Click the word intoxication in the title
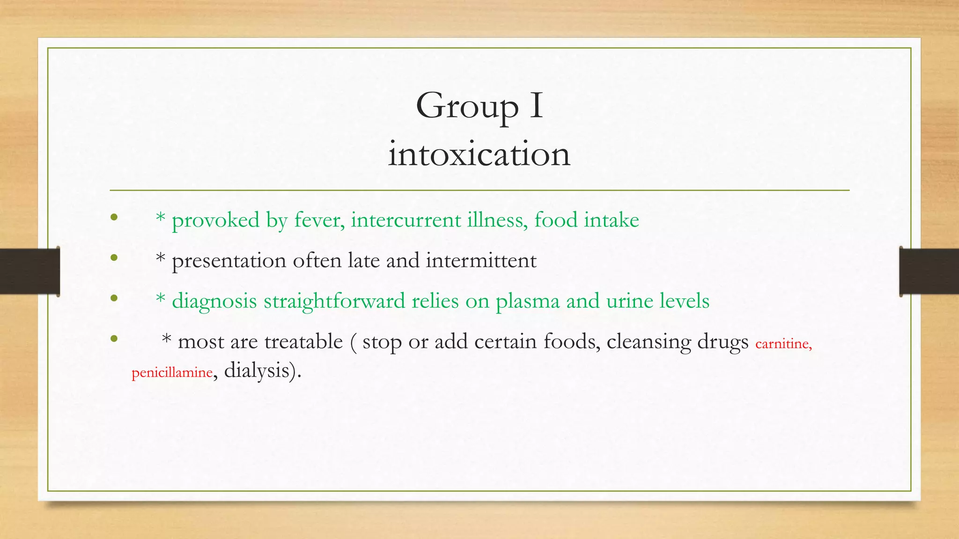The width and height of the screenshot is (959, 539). pyautogui.click(x=479, y=154)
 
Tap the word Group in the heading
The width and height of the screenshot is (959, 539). pyautogui.click(x=467, y=107)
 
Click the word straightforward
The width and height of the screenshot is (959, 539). pyautogui.click(x=334, y=301)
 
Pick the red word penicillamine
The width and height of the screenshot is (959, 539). pyautogui.click(x=172, y=372)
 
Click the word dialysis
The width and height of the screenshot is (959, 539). pyautogui.click(x=258, y=371)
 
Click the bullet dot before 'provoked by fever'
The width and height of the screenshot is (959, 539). pyautogui.click(x=114, y=217)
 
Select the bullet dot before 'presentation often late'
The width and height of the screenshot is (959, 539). pyautogui.click(x=114, y=257)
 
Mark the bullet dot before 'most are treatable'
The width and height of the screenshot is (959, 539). pyautogui.click(x=114, y=338)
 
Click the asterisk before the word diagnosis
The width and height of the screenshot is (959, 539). pyautogui.click(x=161, y=298)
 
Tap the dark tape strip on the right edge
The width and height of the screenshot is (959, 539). pyautogui.click(x=929, y=271)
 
